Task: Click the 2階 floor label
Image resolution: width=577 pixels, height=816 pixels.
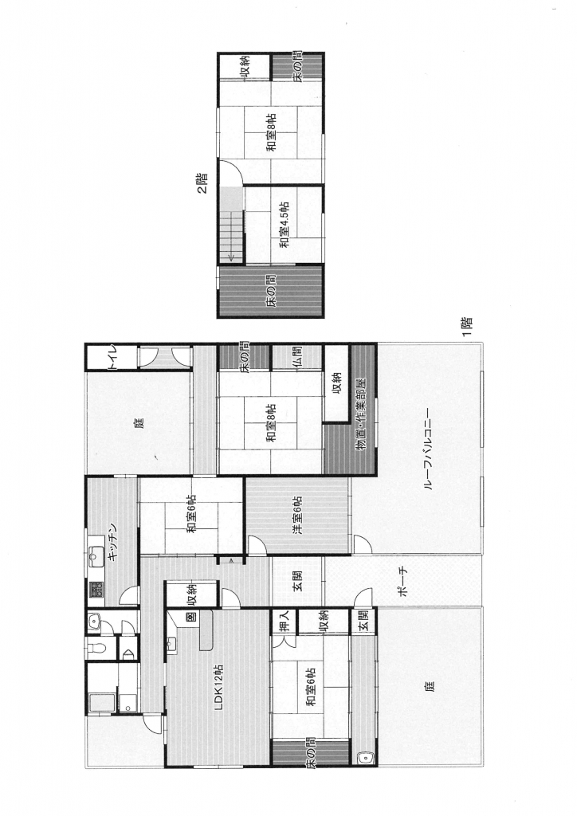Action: click(202, 183)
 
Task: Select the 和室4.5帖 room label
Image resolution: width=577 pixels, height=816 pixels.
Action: click(284, 225)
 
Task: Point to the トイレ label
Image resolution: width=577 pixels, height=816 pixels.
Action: click(114, 358)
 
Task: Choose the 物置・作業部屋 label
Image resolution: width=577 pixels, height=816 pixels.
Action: click(363, 414)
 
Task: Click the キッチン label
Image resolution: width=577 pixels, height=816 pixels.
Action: click(114, 541)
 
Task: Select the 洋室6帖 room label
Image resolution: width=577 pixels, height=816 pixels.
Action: click(297, 516)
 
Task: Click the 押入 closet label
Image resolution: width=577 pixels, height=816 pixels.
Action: click(284, 621)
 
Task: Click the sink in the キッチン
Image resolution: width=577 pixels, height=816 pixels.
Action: click(96, 557)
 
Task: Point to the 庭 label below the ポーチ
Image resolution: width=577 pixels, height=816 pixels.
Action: click(428, 686)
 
